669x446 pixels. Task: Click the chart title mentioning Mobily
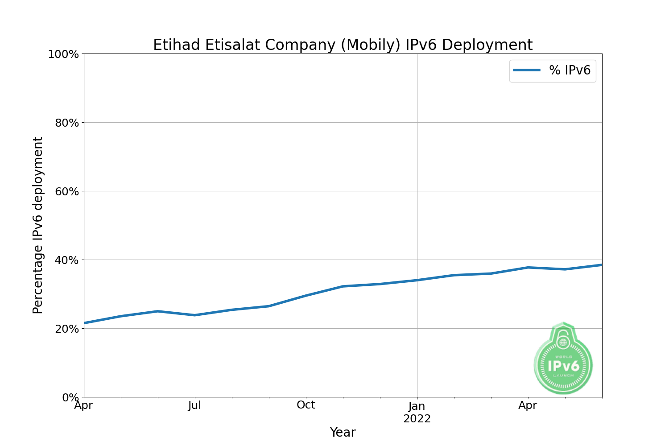click(343, 45)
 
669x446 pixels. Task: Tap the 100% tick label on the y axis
click(63, 54)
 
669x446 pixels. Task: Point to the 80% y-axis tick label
click(66, 123)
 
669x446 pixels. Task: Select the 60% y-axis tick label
click(66, 192)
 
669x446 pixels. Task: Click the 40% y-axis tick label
click(66, 260)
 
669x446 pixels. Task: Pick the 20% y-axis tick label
click(66, 329)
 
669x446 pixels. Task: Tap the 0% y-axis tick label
click(70, 397)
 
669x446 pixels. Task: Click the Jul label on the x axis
click(194, 406)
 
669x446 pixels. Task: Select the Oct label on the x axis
click(306, 405)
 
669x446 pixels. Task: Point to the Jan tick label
click(417, 406)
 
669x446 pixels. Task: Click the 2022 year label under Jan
click(417, 419)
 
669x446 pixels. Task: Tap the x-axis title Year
click(343, 432)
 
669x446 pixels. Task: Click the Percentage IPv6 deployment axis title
click(38, 225)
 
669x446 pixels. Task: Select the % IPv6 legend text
click(570, 70)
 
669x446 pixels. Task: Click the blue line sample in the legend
click(527, 70)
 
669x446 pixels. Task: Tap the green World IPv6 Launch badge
click(563, 363)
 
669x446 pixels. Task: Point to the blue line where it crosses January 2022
click(417, 280)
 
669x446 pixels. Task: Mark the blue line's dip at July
click(194, 315)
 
